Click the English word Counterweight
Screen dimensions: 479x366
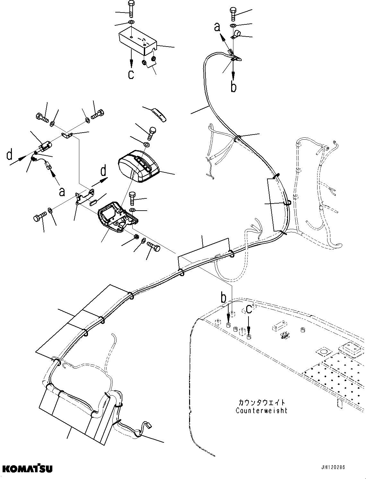tap(261, 411)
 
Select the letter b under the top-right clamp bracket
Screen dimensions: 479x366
tap(233, 87)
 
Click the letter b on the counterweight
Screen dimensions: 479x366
tap(224, 299)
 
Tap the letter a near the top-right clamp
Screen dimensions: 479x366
tap(217, 28)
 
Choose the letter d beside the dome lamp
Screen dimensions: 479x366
tap(103, 171)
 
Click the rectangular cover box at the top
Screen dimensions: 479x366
tap(136, 40)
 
